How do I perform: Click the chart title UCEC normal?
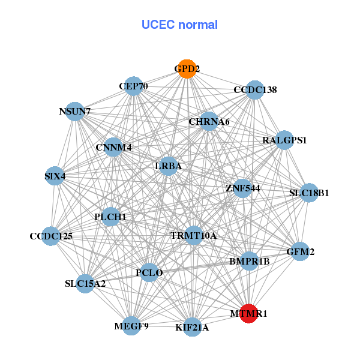click(x=179, y=25)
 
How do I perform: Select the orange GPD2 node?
click(x=187, y=69)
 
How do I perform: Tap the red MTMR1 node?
click(x=249, y=313)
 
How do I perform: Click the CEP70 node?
click(x=133, y=86)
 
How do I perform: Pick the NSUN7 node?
click(x=75, y=112)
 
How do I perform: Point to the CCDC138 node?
click(x=255, y=90)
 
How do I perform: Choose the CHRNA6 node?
click(x=209, y=122)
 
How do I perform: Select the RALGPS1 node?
click(x=284, y=140)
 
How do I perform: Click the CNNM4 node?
click(x=113, y=147)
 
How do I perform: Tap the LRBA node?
click(x=169, y=166)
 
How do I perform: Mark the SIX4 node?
click(x=55, y=176)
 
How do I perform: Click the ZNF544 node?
click(x=242, y=188)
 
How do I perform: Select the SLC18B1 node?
click(x=309, y=193)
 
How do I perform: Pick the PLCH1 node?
click(x=110, y=217)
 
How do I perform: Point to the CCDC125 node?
click(x=51, y=236)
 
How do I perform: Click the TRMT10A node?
click(x=193, y=235)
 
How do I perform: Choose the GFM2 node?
click(x=300, y=252)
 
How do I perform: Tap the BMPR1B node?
click(x=250, y=261)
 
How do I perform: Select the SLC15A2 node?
click(x=85, y=283)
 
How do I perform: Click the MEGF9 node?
click(x=131, y=326)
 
